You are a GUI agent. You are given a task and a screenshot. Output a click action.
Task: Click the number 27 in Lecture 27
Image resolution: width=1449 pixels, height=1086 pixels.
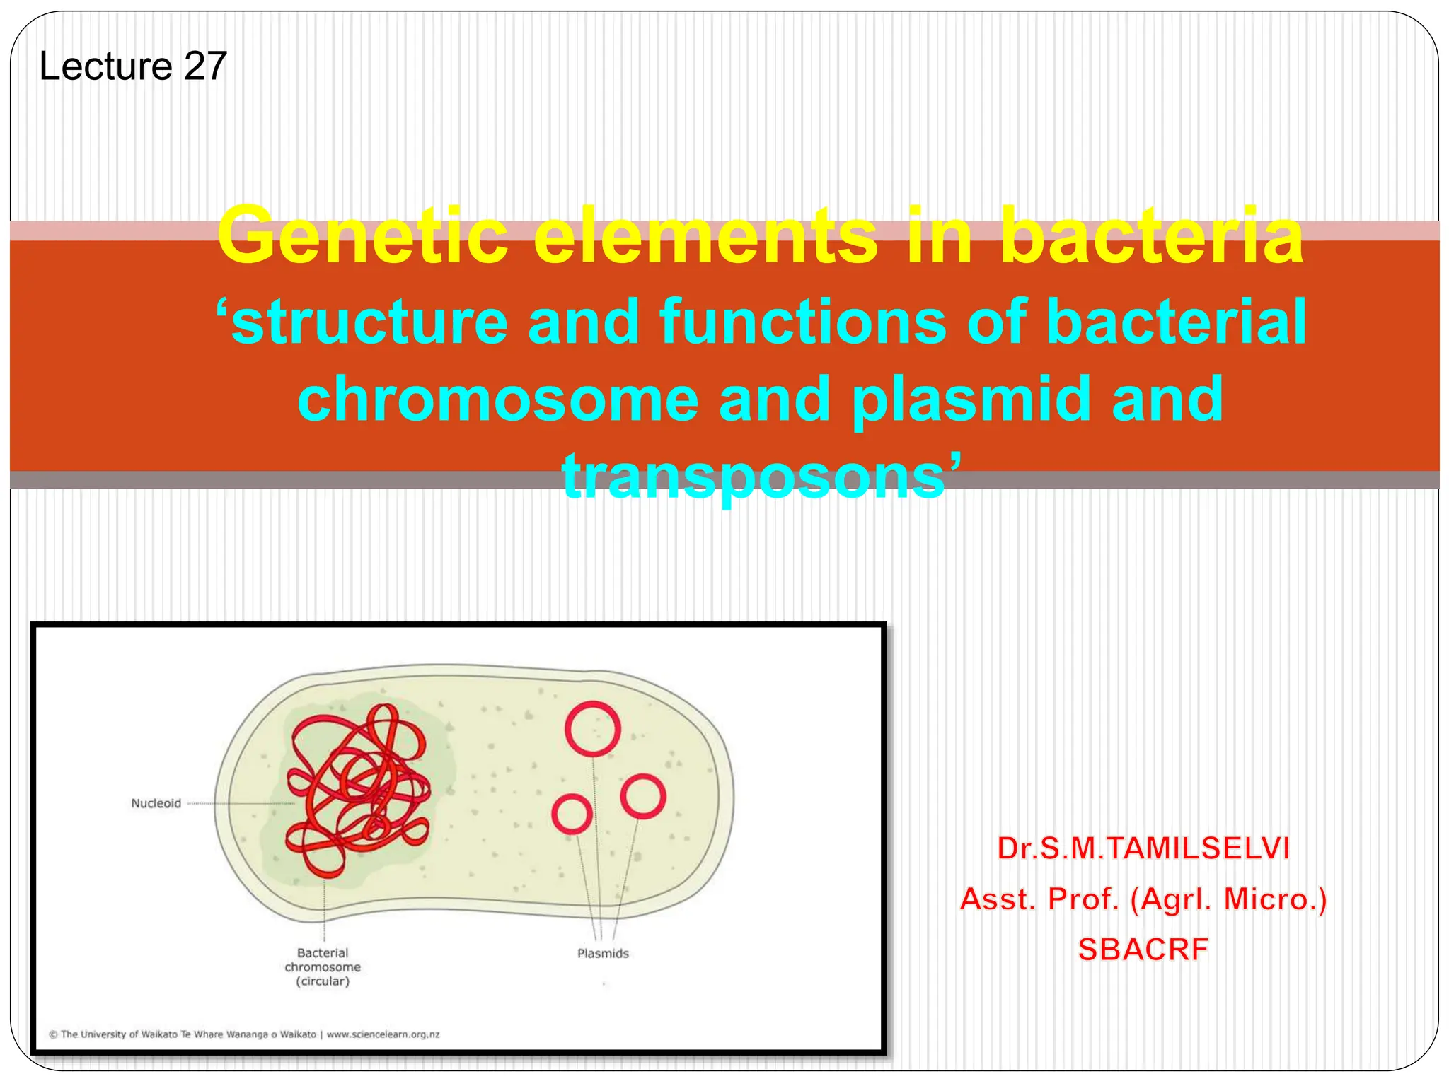point(205,66)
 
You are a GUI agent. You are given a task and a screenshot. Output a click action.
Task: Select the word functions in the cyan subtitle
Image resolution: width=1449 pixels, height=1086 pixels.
point(803,322)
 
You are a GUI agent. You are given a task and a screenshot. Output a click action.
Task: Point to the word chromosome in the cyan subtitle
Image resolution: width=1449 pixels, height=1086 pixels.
point(498,399)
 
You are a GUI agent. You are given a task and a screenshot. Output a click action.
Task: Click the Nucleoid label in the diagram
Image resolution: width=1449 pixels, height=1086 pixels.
point(156,803)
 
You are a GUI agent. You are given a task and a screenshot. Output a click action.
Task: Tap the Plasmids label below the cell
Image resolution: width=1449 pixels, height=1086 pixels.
point(603,954)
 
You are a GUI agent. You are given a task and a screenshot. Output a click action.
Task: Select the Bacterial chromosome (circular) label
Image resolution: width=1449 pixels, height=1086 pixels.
point(323,967)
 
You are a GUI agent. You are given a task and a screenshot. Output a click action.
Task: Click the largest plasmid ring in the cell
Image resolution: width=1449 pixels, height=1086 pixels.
point(593,729)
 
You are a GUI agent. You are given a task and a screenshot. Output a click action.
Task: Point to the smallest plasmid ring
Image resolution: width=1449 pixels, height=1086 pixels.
point(572,814)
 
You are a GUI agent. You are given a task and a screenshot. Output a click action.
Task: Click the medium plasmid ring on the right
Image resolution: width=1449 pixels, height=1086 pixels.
point(642,796)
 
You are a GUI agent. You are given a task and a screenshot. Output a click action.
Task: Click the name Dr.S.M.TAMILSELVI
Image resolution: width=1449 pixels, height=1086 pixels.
point(1143,848)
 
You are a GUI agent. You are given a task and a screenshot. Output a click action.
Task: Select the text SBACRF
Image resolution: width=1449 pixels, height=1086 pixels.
point(1143,950)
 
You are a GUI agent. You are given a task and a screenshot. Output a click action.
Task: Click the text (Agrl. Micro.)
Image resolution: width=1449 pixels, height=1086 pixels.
point(1228,899)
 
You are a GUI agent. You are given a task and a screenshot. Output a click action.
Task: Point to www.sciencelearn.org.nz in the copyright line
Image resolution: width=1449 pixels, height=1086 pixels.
point(383,1034)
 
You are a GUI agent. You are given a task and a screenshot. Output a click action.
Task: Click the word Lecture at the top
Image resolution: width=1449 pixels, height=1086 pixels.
point(106,66)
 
